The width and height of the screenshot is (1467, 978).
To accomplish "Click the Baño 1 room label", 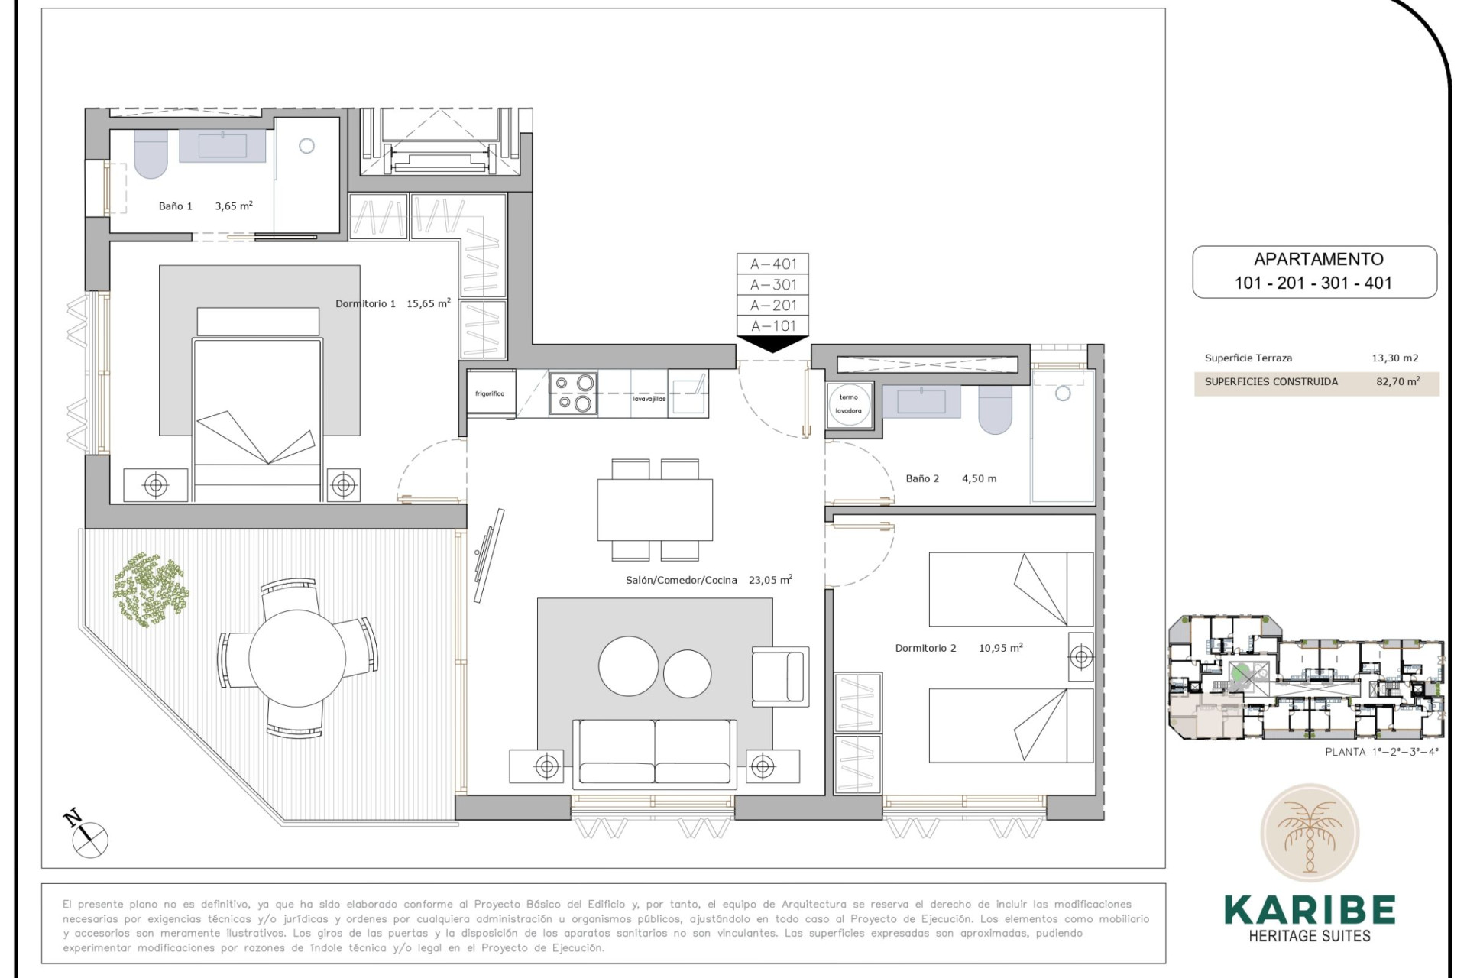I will point(175,206).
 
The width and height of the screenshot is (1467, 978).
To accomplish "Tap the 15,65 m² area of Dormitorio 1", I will point(428,303).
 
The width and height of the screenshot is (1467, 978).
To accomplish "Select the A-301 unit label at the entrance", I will point(772,285).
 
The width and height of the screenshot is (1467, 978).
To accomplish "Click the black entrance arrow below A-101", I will point(772,345).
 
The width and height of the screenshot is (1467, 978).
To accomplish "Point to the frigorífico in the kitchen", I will point(490,393).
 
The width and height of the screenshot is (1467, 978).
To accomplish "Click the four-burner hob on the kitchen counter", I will point(573,392).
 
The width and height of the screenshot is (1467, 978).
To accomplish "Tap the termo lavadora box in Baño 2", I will point(848,404).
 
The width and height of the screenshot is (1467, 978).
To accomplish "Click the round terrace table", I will point(297,658).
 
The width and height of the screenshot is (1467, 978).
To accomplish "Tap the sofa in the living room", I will point(654,752).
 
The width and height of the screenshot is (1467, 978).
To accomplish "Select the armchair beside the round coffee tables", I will point(779,675).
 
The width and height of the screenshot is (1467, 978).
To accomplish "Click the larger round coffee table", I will point(628,666).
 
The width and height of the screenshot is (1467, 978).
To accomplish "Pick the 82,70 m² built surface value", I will point(1397,382).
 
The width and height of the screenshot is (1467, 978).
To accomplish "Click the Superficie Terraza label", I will point(1248,358).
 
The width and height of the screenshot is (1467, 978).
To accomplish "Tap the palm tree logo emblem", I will point(1309,834).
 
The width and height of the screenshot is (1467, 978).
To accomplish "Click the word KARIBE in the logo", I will point(1309,910).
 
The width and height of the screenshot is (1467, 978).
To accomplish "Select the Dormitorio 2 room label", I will point(925,648).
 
